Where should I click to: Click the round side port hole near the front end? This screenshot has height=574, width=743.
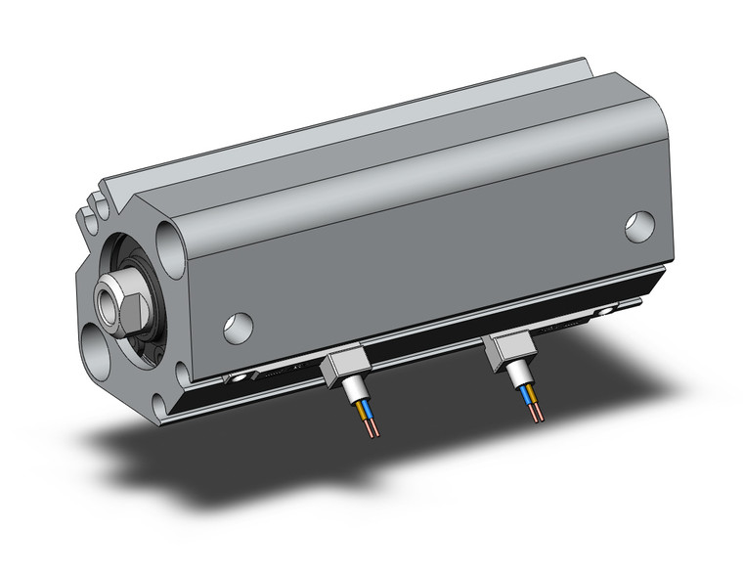tap(238, 327)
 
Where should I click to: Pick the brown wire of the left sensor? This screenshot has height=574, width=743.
tap(361, 412)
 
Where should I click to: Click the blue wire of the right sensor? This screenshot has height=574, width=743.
tap(533, 396)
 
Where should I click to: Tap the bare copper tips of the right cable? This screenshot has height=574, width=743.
tap(537, 414)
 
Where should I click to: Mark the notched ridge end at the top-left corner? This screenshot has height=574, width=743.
tap(95, 206)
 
